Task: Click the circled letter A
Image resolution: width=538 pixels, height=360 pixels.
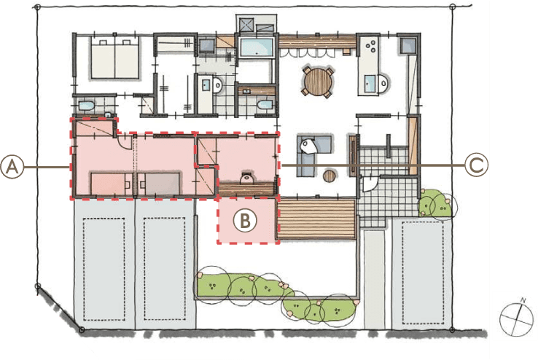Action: tap(12, 167)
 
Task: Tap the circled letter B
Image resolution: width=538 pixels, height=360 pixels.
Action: tap(245, 221)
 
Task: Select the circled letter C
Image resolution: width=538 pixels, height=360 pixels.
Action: tap(476, 165)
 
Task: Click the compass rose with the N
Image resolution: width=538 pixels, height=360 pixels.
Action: tap(516, 318)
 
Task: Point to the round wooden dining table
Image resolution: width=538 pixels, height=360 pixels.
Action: tap(318, 82)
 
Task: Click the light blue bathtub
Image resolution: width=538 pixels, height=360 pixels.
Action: tap(257, 47)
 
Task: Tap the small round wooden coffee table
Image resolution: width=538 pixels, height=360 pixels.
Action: tap(330, 176)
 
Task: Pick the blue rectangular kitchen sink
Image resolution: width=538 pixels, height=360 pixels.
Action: tap(370, 84)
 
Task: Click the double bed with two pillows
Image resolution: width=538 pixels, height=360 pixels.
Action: tap(115, 58)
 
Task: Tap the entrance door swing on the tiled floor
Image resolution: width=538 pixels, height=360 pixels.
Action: tap(370, 184)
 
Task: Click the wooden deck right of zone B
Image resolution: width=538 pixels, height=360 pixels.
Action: tap(316, 219)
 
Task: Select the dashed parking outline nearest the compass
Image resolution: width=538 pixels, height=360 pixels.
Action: tap(422, 273)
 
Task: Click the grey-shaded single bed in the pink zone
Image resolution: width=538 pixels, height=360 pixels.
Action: tap(159, 184)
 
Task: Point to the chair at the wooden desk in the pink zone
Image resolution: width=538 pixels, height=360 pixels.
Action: tap(246, 178)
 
